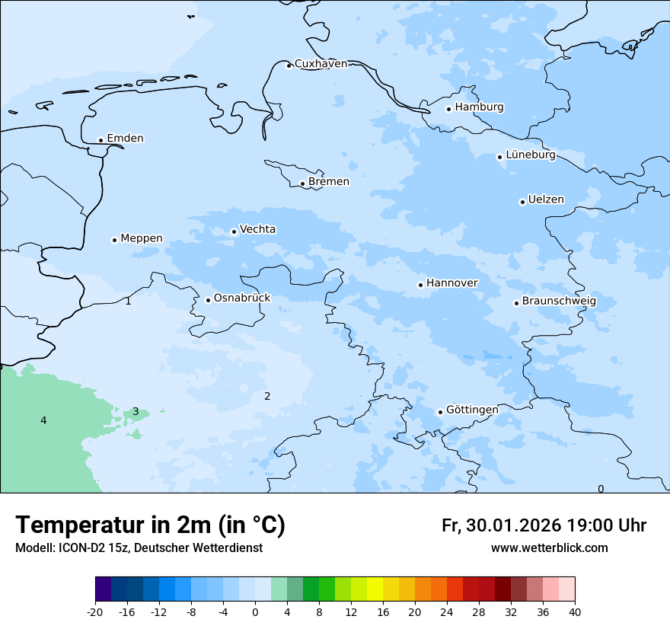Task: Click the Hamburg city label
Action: pyautogui.click(x=480, y=107)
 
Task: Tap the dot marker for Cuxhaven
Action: pyautogui.click(x=289, y=65)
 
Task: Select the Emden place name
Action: pyautogui.click(x=125, y=139)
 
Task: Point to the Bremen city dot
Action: pyautogui.click(x=302, y=184)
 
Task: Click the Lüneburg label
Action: pyautogui.click(x=530, y=155)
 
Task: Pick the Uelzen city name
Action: pyautogui.click(x=546, y=199)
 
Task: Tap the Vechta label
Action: pyautogui.click(x=257, y=229)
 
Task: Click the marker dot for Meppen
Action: pyautogui.click(x=114, y=240)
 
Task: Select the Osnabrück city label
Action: pyautogui.click(x=242, y=298)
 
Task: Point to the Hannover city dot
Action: pyautogui.click(x=420, y=285)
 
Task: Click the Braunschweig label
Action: pyautogui.click(x=559, y=302)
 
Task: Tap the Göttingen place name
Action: pyautogui.click(x=472, y=410)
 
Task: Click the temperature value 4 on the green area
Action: pyautogui.click(x=43, y=421)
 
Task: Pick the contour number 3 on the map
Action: pyautogui.click(x=136, y=412)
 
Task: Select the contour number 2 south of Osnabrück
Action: pyautogui.click(x=267, y=396)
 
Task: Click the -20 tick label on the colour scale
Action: pyautogui.click(x=95, y=612)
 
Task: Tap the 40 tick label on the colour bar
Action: pyautogui.click(x=575, y=612)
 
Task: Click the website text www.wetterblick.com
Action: pyautogui.click(x=549, y=548)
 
